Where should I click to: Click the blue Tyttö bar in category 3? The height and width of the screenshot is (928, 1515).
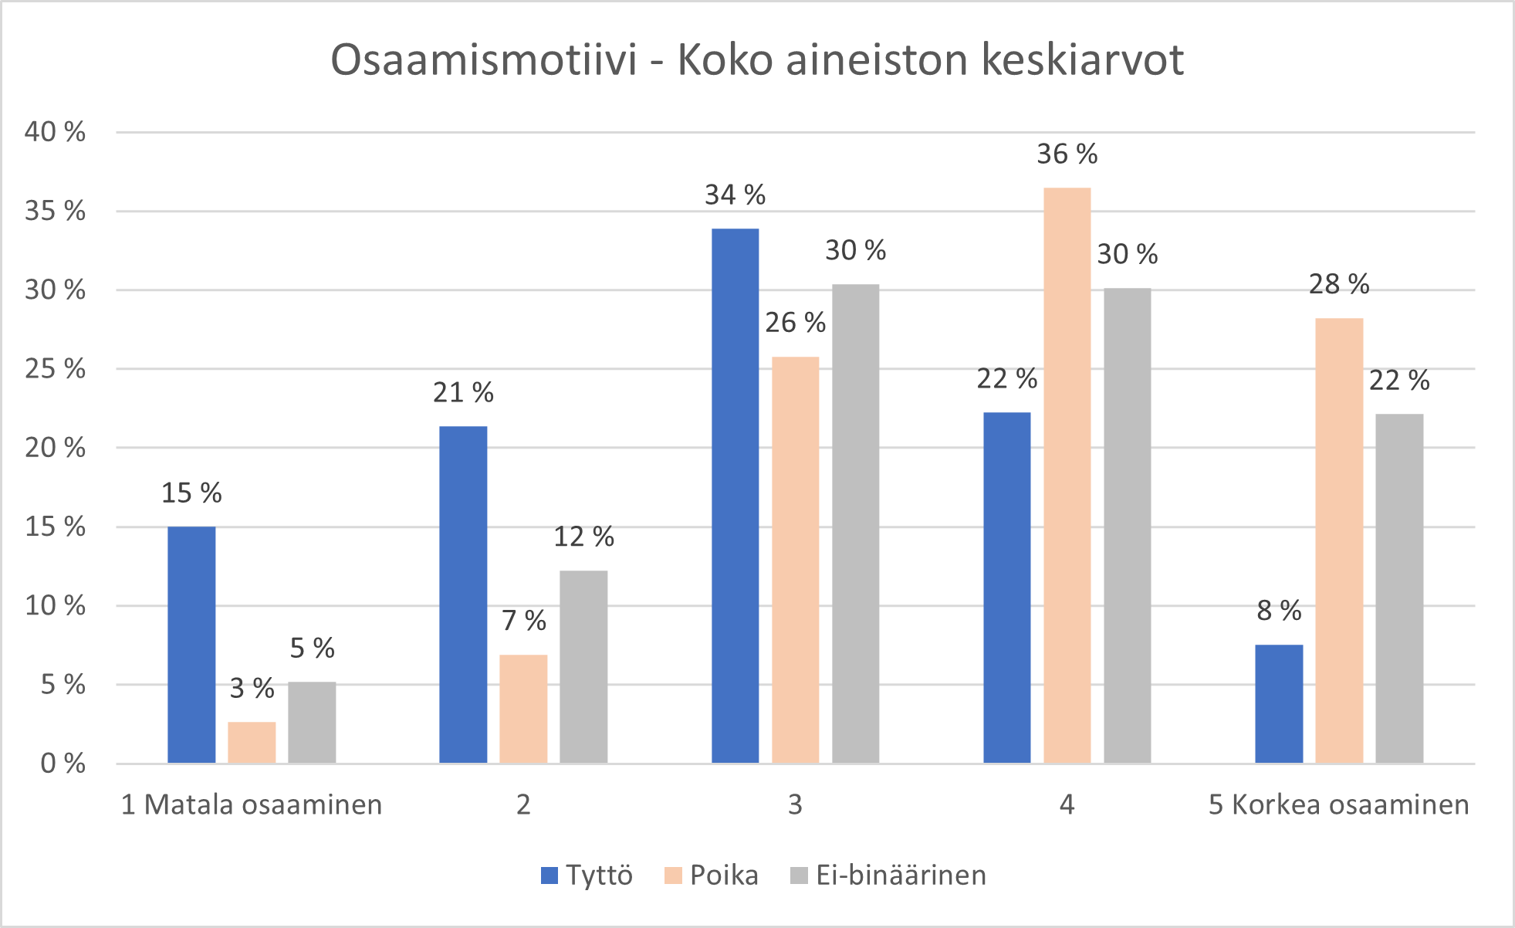(x=735, y=496)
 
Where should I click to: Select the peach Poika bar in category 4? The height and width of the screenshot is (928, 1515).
(x=1067, y=476)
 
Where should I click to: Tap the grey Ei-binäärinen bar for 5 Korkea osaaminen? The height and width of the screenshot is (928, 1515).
(x=1399, y=588)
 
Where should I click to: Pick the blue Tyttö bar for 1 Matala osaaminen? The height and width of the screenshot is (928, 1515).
(x=191, y=645)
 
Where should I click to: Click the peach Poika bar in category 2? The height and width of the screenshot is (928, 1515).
(x=523, y=709)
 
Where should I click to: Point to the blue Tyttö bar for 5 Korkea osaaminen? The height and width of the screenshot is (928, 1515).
(x=1279, y=704)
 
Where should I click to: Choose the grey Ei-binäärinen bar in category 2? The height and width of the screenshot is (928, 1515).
(x=583, y=667)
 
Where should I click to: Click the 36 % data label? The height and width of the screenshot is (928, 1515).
(x=1067, y=154)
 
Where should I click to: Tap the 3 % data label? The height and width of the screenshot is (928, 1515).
(x=252, y=688)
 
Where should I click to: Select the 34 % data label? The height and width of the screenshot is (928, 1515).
(x=735, y=195)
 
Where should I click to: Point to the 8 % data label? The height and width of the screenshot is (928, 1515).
(x=1279, y=611)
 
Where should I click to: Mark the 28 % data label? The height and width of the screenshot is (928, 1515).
(x=1339, y=284)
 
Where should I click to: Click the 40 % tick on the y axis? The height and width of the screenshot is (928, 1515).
(x=55, y=132)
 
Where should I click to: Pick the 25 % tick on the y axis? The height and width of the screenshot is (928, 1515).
(x=55, y=369)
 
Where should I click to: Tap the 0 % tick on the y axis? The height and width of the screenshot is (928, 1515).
(x=63, y=764)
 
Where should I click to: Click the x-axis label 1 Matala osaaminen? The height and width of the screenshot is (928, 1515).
(x=252, y=804)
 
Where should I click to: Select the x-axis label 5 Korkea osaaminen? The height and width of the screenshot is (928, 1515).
(x=1339, y=804)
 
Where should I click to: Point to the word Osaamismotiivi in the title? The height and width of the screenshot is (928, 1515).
(x=484, y=59)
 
